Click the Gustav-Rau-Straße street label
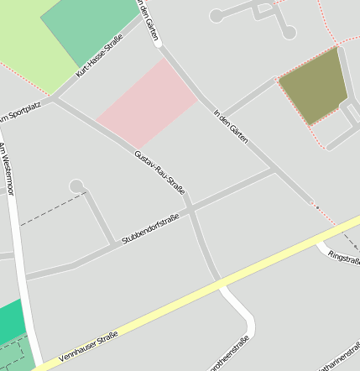tap(159, 172)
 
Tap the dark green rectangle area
tap(88, 29)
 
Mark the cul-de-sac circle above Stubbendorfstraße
tap(76, 185)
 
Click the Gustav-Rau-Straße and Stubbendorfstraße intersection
tap(190, 207)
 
